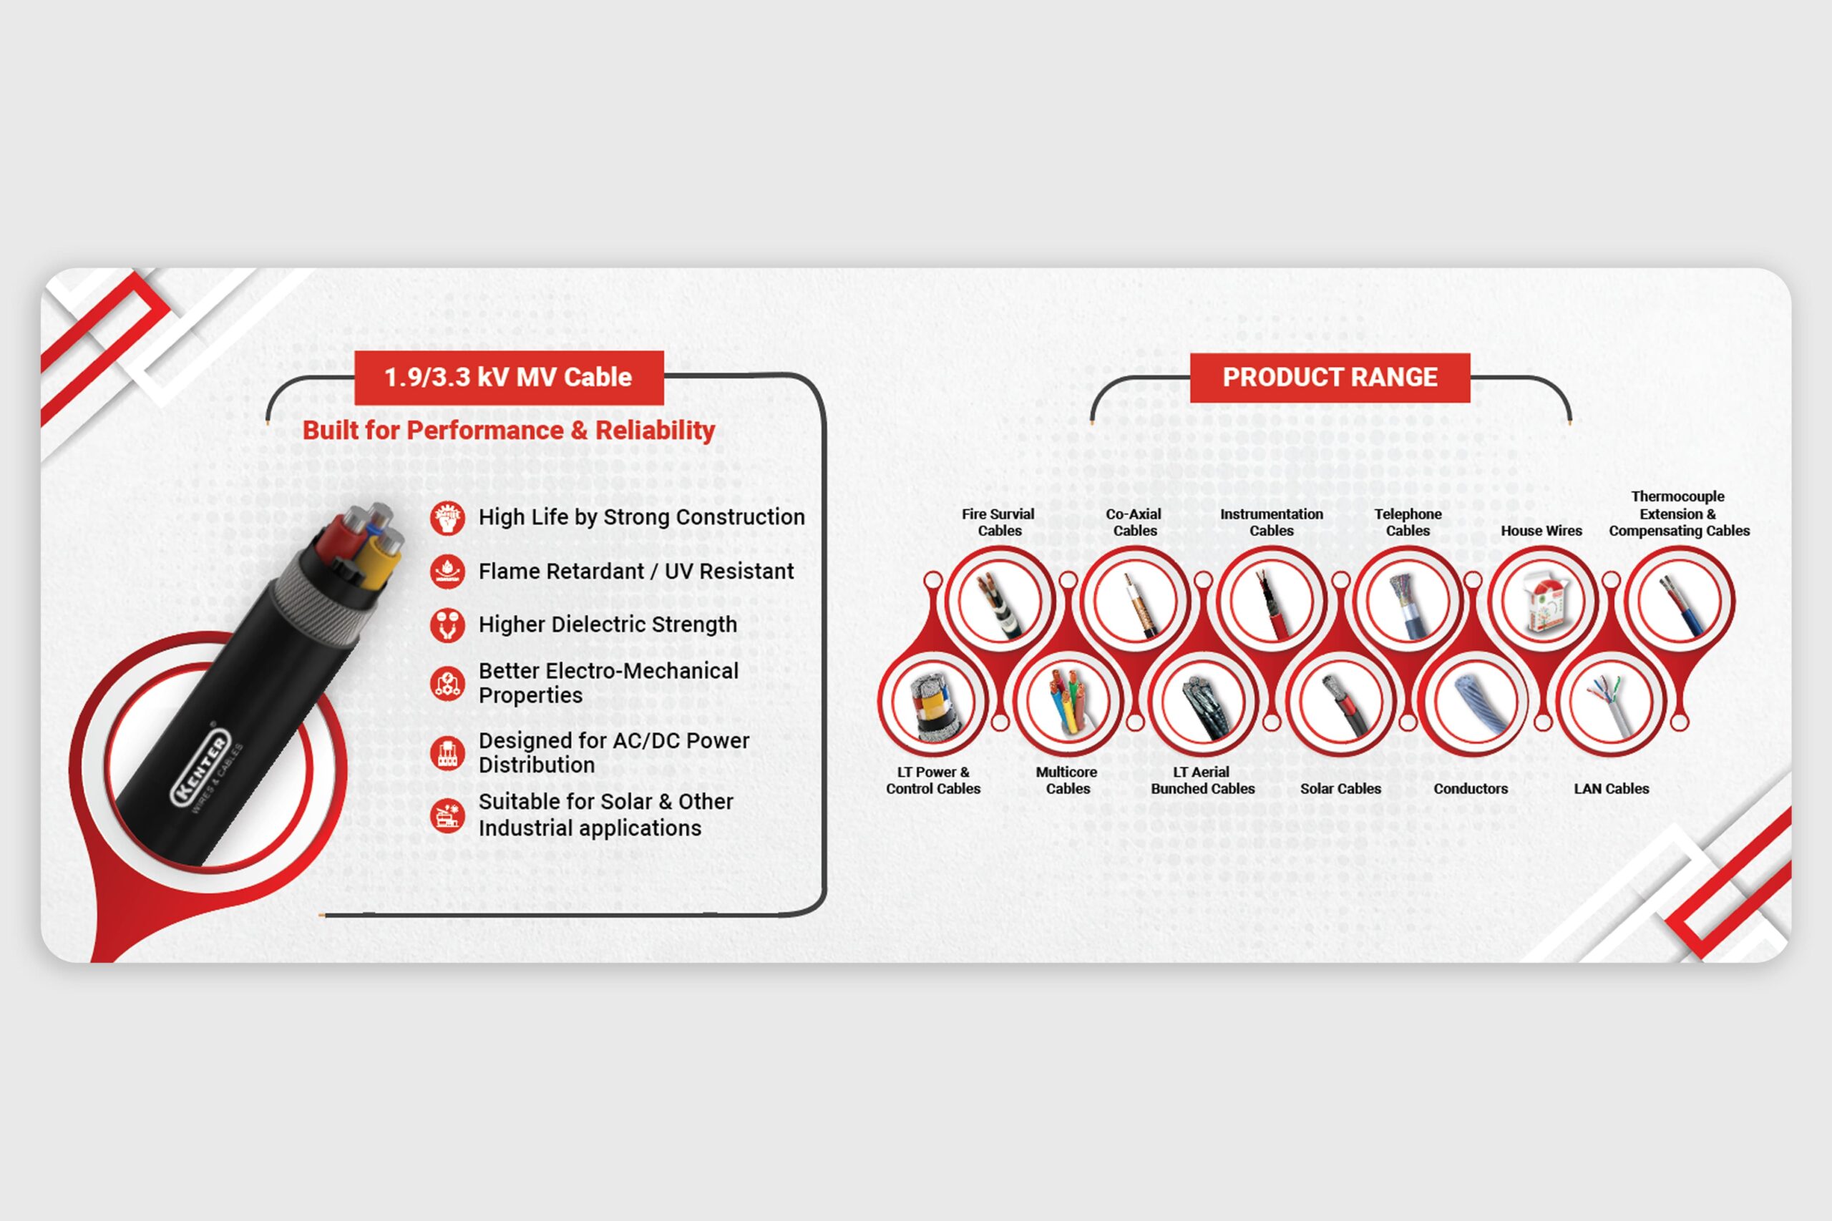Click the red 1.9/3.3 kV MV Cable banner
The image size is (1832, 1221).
point(509,378)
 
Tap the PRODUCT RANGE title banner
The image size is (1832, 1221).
point(1330,378)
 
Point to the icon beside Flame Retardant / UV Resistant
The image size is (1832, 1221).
point(447,572)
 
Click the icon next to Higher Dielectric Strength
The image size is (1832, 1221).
point(447,625)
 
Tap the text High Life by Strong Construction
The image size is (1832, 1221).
point(641,517)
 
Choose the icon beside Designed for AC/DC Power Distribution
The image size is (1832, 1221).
point(447,753)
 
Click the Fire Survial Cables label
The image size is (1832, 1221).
point(998,522)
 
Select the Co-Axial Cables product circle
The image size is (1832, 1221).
point(1135,601)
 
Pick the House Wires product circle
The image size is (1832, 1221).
point(1542,601)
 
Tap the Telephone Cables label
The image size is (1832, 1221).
point(1408,522)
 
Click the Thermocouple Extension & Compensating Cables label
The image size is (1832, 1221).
point(1679,514)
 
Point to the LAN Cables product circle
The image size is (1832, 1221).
point(1611,702)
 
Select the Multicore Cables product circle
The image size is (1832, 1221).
point(1067,702)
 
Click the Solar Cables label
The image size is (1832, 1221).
point(1340,789)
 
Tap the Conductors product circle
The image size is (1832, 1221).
point(1475,702)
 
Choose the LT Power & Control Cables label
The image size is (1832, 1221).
point(933,780)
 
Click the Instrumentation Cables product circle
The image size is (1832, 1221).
point(1271,601)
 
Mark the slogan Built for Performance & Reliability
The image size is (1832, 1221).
point(509,431)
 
